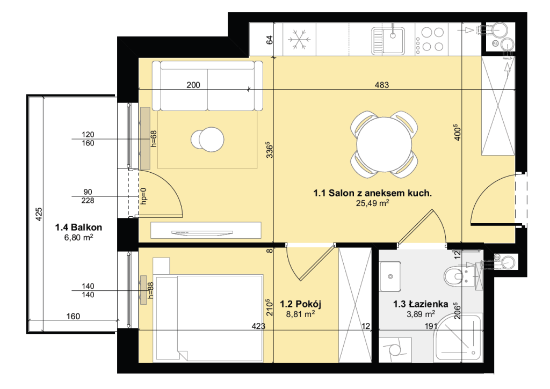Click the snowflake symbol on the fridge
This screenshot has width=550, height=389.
point(299,39)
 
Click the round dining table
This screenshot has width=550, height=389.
point(384,144)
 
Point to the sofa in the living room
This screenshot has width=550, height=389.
point(208,86)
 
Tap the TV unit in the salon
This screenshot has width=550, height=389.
point(206,230)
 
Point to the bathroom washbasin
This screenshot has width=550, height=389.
point(390,276)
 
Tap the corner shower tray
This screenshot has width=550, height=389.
point(458,338)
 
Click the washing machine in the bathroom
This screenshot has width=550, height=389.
point(395,350)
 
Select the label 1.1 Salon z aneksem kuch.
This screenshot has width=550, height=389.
point(373,193)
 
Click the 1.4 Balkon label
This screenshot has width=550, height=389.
point(78,227)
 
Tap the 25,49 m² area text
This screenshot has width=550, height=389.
point(373,203)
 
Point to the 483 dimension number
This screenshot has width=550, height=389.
point(382,85)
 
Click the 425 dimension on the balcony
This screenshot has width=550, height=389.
point(39,214)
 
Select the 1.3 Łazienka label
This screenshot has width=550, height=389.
point(421,304)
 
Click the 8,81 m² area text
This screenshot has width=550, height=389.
point(300,314)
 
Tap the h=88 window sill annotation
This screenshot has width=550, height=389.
point(151,290)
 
